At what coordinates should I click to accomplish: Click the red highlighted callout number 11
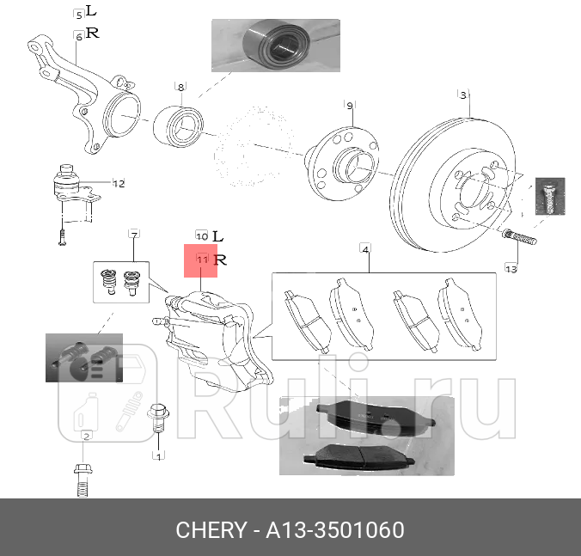[202, 259]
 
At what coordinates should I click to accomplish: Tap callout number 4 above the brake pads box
[365, 249]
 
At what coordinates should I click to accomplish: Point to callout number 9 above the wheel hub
[350, 105]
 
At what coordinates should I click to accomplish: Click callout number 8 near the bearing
[180, 87]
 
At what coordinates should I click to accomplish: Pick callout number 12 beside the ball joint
[119, 183]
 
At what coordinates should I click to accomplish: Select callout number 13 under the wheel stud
[511, 269]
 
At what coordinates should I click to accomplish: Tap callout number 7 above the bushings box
[134, 234]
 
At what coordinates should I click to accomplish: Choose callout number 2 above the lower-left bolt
[86, 437]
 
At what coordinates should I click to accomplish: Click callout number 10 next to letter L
[201, 235]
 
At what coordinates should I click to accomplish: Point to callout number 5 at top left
[79, 15]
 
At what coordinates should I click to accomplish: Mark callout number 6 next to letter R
[79, 35]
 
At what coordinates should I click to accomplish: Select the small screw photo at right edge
[547, 197]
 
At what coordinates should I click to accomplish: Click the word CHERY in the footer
[211, 529]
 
